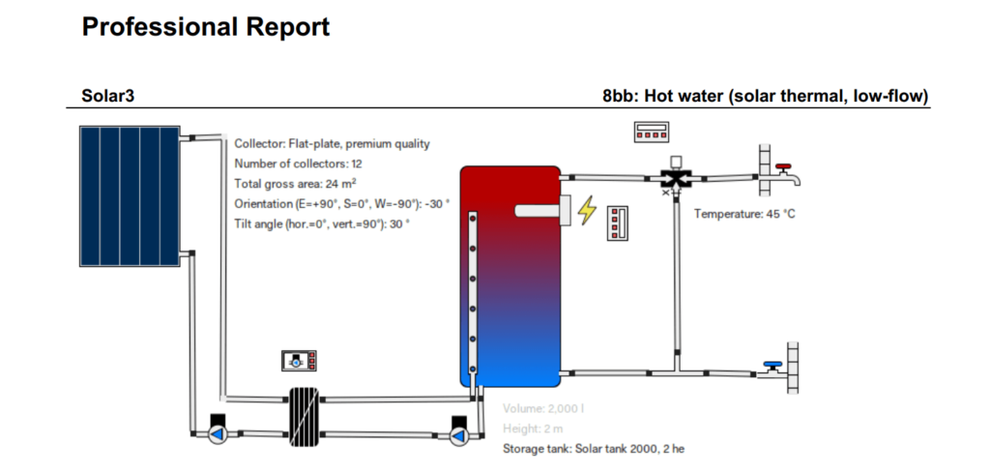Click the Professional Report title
pos(206,27)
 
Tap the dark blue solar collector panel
pos(128,195)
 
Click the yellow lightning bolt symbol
pos(587,210)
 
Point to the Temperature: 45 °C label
pos(744,213)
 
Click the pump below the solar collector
pos(218,430)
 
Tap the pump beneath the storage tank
pos(458,432)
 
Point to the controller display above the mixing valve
pos(653,133)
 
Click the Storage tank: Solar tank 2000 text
pos(594,449)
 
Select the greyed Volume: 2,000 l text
pos(543,408)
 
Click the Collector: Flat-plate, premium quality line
pos(332,144)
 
